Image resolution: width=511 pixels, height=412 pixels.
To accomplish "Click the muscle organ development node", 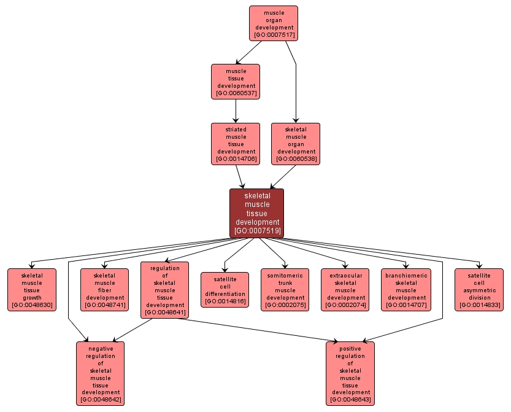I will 273,23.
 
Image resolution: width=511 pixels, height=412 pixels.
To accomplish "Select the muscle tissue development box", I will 236,82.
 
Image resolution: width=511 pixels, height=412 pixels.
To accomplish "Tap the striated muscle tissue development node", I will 236,144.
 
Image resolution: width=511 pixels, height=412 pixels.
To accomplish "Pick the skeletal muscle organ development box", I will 296,144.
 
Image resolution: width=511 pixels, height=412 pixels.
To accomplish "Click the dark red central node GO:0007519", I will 256,213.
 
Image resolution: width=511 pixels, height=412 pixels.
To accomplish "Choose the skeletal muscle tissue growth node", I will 31,290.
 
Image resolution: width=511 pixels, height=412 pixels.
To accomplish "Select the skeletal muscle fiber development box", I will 104,290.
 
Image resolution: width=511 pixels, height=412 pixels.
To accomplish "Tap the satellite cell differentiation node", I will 225,290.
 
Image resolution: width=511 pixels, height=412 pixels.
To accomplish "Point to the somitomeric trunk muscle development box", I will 285,290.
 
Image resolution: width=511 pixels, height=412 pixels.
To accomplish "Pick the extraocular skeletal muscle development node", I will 345,290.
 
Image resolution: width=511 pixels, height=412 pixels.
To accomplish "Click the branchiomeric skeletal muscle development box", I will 405,290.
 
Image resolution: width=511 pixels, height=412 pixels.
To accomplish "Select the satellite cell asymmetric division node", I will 478,290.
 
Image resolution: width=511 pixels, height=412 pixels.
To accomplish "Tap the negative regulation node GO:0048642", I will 101,373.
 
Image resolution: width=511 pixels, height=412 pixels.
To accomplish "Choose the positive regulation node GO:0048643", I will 350,373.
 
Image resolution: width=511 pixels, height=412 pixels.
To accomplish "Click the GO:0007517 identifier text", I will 273,35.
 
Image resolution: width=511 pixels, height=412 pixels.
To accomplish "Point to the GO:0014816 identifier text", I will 225,301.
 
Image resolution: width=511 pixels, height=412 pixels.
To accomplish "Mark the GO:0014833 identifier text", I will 478,305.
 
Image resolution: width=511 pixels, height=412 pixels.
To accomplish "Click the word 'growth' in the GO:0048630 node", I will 31,297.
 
